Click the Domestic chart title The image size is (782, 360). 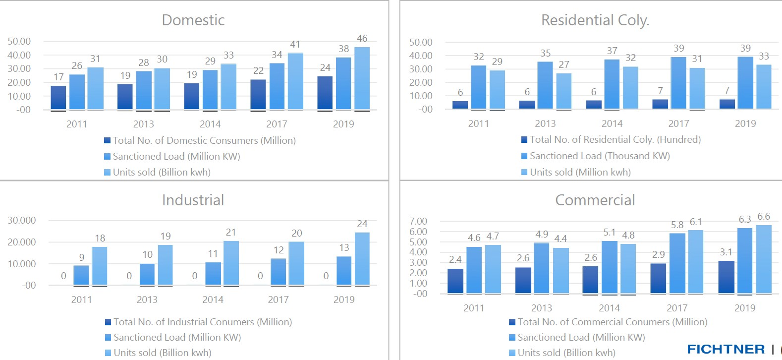pos(193,20)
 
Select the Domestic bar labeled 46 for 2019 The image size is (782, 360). pos(362,78)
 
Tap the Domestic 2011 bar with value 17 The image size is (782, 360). pos(58,98)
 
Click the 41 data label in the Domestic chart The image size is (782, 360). pos(295,44)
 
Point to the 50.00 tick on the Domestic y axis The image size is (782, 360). pos(19,41)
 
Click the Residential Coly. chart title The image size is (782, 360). pos(595,20)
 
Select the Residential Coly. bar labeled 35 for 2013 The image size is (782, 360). pos(545,85)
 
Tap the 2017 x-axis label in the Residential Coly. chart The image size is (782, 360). pos(678,123)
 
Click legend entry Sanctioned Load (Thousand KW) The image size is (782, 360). pos(599,156)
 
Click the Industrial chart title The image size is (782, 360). pos(193,200)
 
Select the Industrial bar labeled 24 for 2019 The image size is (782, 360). pos(362,259)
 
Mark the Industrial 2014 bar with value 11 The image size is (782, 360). pos(213,274)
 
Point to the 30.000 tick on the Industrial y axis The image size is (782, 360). pos(21,220)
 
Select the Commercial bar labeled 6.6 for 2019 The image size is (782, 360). pos(764,259)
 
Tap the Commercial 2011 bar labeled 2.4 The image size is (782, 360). pos(455,281)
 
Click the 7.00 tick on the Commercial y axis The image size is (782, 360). pos(418,221)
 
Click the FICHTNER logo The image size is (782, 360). pos(726,349)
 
